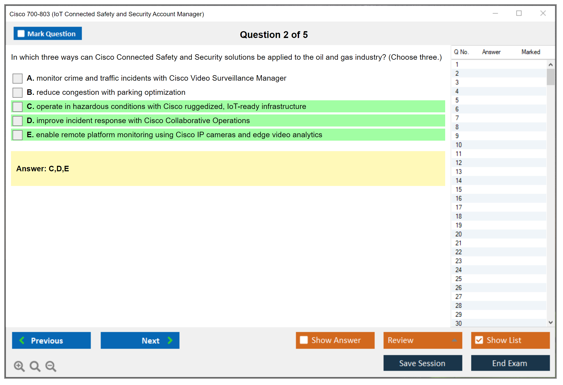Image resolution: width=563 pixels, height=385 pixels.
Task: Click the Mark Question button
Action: tap(48, 34)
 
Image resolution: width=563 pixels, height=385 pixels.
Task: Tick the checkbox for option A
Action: tap(18, 78)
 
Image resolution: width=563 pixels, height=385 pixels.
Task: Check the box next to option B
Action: tap(18, 92)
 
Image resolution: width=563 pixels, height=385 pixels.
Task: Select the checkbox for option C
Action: tap(18, 107)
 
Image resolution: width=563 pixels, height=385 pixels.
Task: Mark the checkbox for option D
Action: tap(18, 121)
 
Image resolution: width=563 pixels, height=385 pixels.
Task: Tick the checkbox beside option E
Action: tap(18, 135)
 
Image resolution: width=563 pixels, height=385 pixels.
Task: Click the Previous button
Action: tap(51, 340)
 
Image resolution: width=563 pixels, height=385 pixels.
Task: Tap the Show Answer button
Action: tap(335, 340)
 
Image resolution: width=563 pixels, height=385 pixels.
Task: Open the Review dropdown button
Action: tap(423, 340)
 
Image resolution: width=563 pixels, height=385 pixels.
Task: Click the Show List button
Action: tap(510, 340)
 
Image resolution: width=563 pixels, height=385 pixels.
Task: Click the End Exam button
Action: tap(510, 363)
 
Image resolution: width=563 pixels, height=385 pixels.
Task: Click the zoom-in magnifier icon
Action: tap(19, 366)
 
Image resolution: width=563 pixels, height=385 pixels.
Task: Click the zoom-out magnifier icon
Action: tap(51, 366)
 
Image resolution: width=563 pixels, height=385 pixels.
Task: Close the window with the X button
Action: tap(543, 13)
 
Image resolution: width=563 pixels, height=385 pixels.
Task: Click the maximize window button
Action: tap(519, 13)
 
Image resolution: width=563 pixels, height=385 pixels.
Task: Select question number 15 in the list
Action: tap(459, 189)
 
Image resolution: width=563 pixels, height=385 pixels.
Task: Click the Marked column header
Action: tap(531, 52)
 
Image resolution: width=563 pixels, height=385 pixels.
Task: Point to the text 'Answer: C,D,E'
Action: tap(43, 169)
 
